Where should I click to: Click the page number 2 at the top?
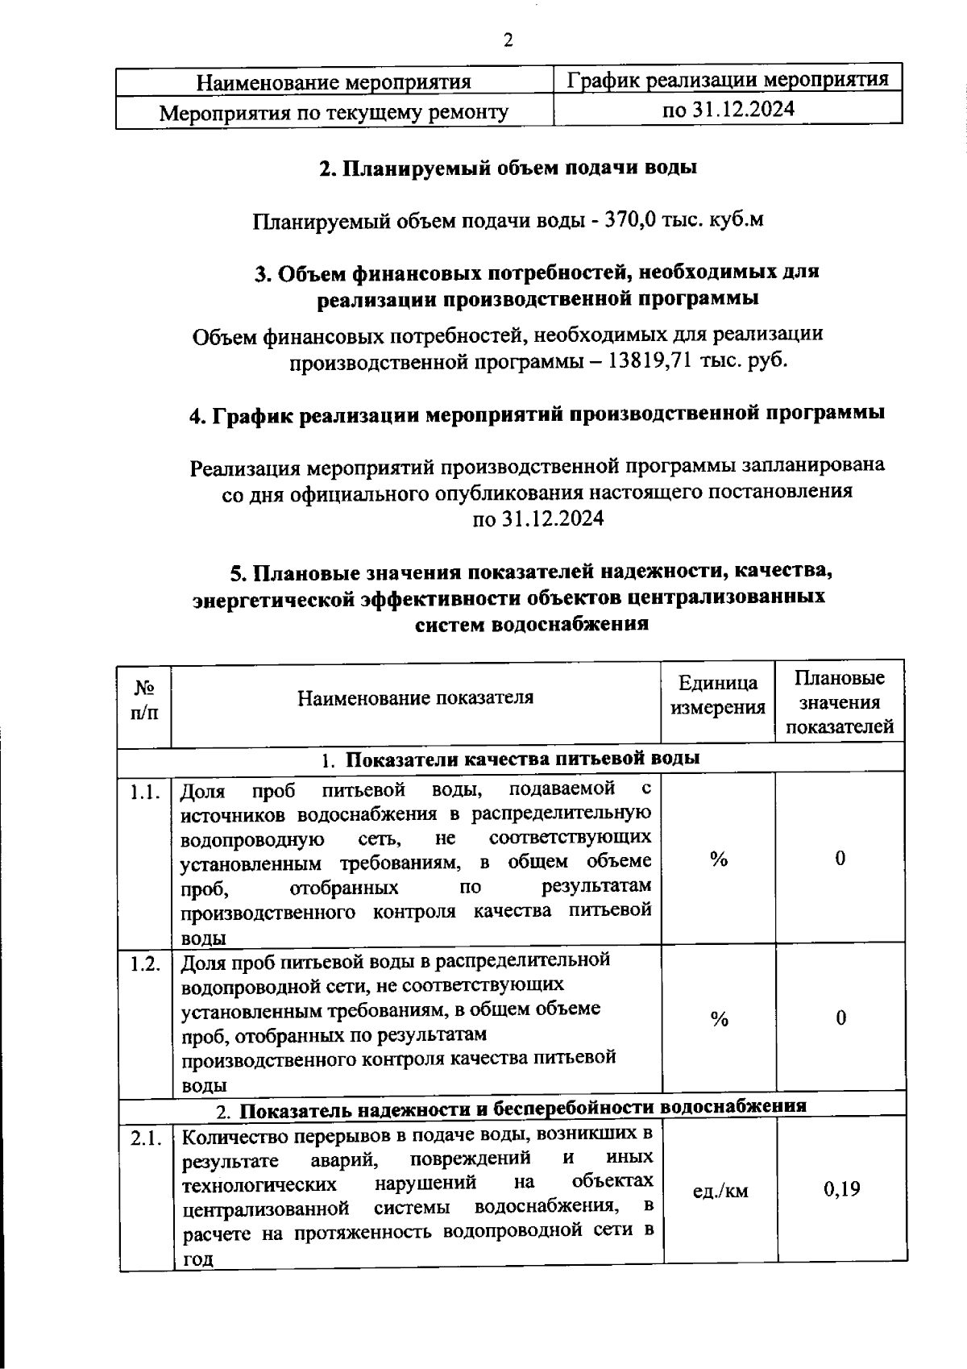pyautogui.click(x=508, y=40)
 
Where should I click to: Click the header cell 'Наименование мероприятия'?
pyautogui.click(x=334, y=82)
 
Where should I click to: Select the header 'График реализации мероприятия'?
pyautogui.click(x=728, y=80)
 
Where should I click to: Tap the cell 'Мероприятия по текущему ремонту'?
pyautogui.click(x=334, y=112)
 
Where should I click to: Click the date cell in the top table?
pyautogui.click(x=728, y=109)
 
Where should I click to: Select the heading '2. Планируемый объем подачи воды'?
pyautogui.click(x=508, y=168)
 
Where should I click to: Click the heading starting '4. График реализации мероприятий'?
pyautogui.click(x=537, y=414)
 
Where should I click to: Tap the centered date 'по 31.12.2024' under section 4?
pyautogui.click(x=537, y=519)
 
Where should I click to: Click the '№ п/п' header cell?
pyautogui.click(x=145, y=700)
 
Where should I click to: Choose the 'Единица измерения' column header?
pyautogui.click(x=718, y=696)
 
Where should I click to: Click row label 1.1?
pyautogui.click(x=145, y=792)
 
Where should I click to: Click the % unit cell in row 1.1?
pyautogui.click(x=719, y=860)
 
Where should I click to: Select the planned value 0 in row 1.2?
pyautogui.click(x=840, y=1018)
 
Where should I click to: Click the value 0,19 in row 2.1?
pyautogui.click(x=841, y=1189)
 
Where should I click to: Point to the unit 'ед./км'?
pyautogui.click(x=720, y=1191)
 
